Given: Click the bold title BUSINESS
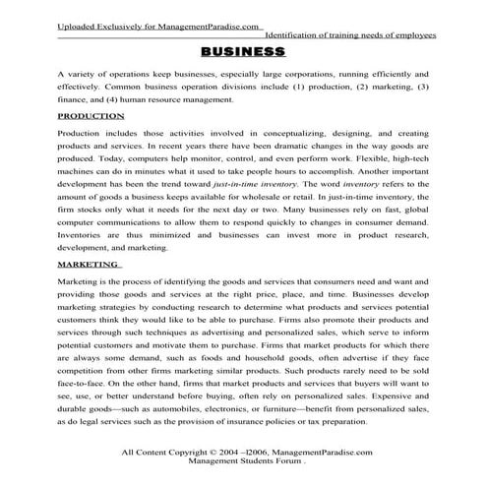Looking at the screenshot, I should coord(243,51).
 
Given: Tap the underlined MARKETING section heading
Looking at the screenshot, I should coord(90,265).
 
